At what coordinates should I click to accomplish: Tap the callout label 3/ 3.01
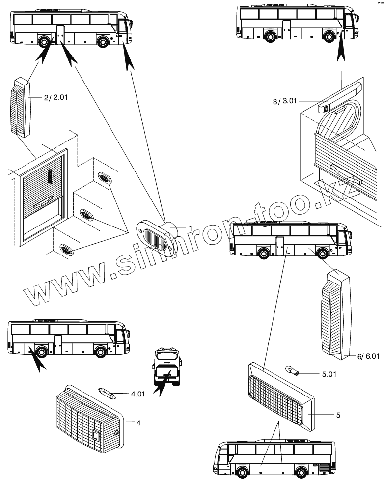(283, 101)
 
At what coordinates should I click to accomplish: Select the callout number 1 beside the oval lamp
(189, 228)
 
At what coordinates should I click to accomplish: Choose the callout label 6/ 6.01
(363, 356)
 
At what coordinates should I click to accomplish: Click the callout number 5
(338, 415)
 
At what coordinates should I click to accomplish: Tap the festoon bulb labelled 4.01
(107, 393)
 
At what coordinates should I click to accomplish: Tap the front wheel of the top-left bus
(103, 42)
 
